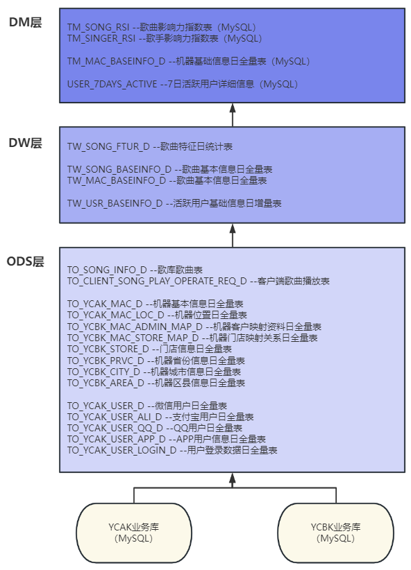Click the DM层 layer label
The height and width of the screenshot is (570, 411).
[25, 22]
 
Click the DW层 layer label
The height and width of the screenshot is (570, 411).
[25, 144]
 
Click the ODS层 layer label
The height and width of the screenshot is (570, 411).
[25, 261]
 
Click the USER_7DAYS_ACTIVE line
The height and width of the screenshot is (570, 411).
[112, 85]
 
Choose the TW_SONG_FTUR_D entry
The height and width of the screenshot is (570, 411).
[108, 146]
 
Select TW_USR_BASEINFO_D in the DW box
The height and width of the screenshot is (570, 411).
[115, 204]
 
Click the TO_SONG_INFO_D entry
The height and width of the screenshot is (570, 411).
[107, 270]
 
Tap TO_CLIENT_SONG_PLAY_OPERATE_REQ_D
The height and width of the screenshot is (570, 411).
[156, 281]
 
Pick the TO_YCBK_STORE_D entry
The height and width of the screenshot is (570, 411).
[108, 349]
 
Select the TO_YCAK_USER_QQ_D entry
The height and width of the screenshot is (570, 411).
[115, 428]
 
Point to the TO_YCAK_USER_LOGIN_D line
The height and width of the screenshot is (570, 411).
[121, 450]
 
